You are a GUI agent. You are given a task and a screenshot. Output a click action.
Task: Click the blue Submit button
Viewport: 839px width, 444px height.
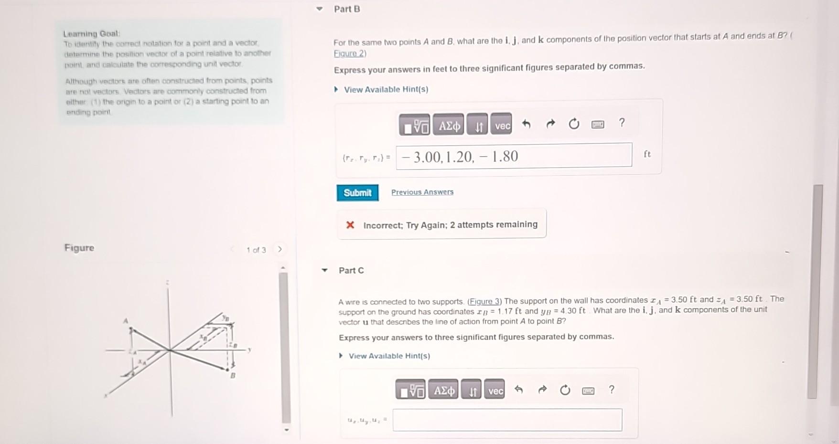click(x=357, y=192)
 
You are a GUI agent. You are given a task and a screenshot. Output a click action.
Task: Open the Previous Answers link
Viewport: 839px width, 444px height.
click(x=422, y=192)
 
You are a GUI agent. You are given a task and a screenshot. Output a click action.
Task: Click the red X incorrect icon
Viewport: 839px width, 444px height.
click(x=350, y=225)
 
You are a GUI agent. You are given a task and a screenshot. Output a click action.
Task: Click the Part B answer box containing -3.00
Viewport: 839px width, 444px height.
click(x=514, y=156)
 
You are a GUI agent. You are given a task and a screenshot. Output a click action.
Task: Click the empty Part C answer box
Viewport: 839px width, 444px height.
click(x=507, y=420)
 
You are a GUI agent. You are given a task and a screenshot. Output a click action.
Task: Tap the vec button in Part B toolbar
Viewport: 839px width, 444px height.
click(x=502, y=126)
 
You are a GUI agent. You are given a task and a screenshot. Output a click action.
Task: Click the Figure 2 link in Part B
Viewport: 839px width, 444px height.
click(x=350, y=53)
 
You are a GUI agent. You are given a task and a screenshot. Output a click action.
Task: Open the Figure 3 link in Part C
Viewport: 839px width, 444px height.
click(x=484, y=301)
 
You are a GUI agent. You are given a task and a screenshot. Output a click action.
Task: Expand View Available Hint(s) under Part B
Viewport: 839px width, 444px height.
click(x=386, y=89)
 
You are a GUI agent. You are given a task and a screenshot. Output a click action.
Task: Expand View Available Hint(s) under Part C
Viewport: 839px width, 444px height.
click(x=389, y=356)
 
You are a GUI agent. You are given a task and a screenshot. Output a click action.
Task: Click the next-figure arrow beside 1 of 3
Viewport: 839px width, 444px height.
click(x=280, y=249)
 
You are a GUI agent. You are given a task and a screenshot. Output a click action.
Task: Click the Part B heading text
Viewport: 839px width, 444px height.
click(x=347, y=9)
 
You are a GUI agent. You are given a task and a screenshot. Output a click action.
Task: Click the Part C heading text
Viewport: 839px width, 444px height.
click(x=351, y=270)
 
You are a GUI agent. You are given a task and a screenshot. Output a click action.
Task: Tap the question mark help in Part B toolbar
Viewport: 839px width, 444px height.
click(x=621, y=123)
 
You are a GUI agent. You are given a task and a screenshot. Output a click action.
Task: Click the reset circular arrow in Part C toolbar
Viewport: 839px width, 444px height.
click(x=565, y=391)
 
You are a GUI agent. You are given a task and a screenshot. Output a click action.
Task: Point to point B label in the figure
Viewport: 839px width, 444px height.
click(x=233, y=376)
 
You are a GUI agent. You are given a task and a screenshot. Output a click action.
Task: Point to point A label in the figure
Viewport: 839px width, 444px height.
click(x=126, y=321)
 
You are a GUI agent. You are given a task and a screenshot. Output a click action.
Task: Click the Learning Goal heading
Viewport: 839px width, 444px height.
click(x=92, y=33)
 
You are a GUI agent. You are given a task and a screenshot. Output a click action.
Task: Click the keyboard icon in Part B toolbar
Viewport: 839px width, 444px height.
click(x=597, y=125)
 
